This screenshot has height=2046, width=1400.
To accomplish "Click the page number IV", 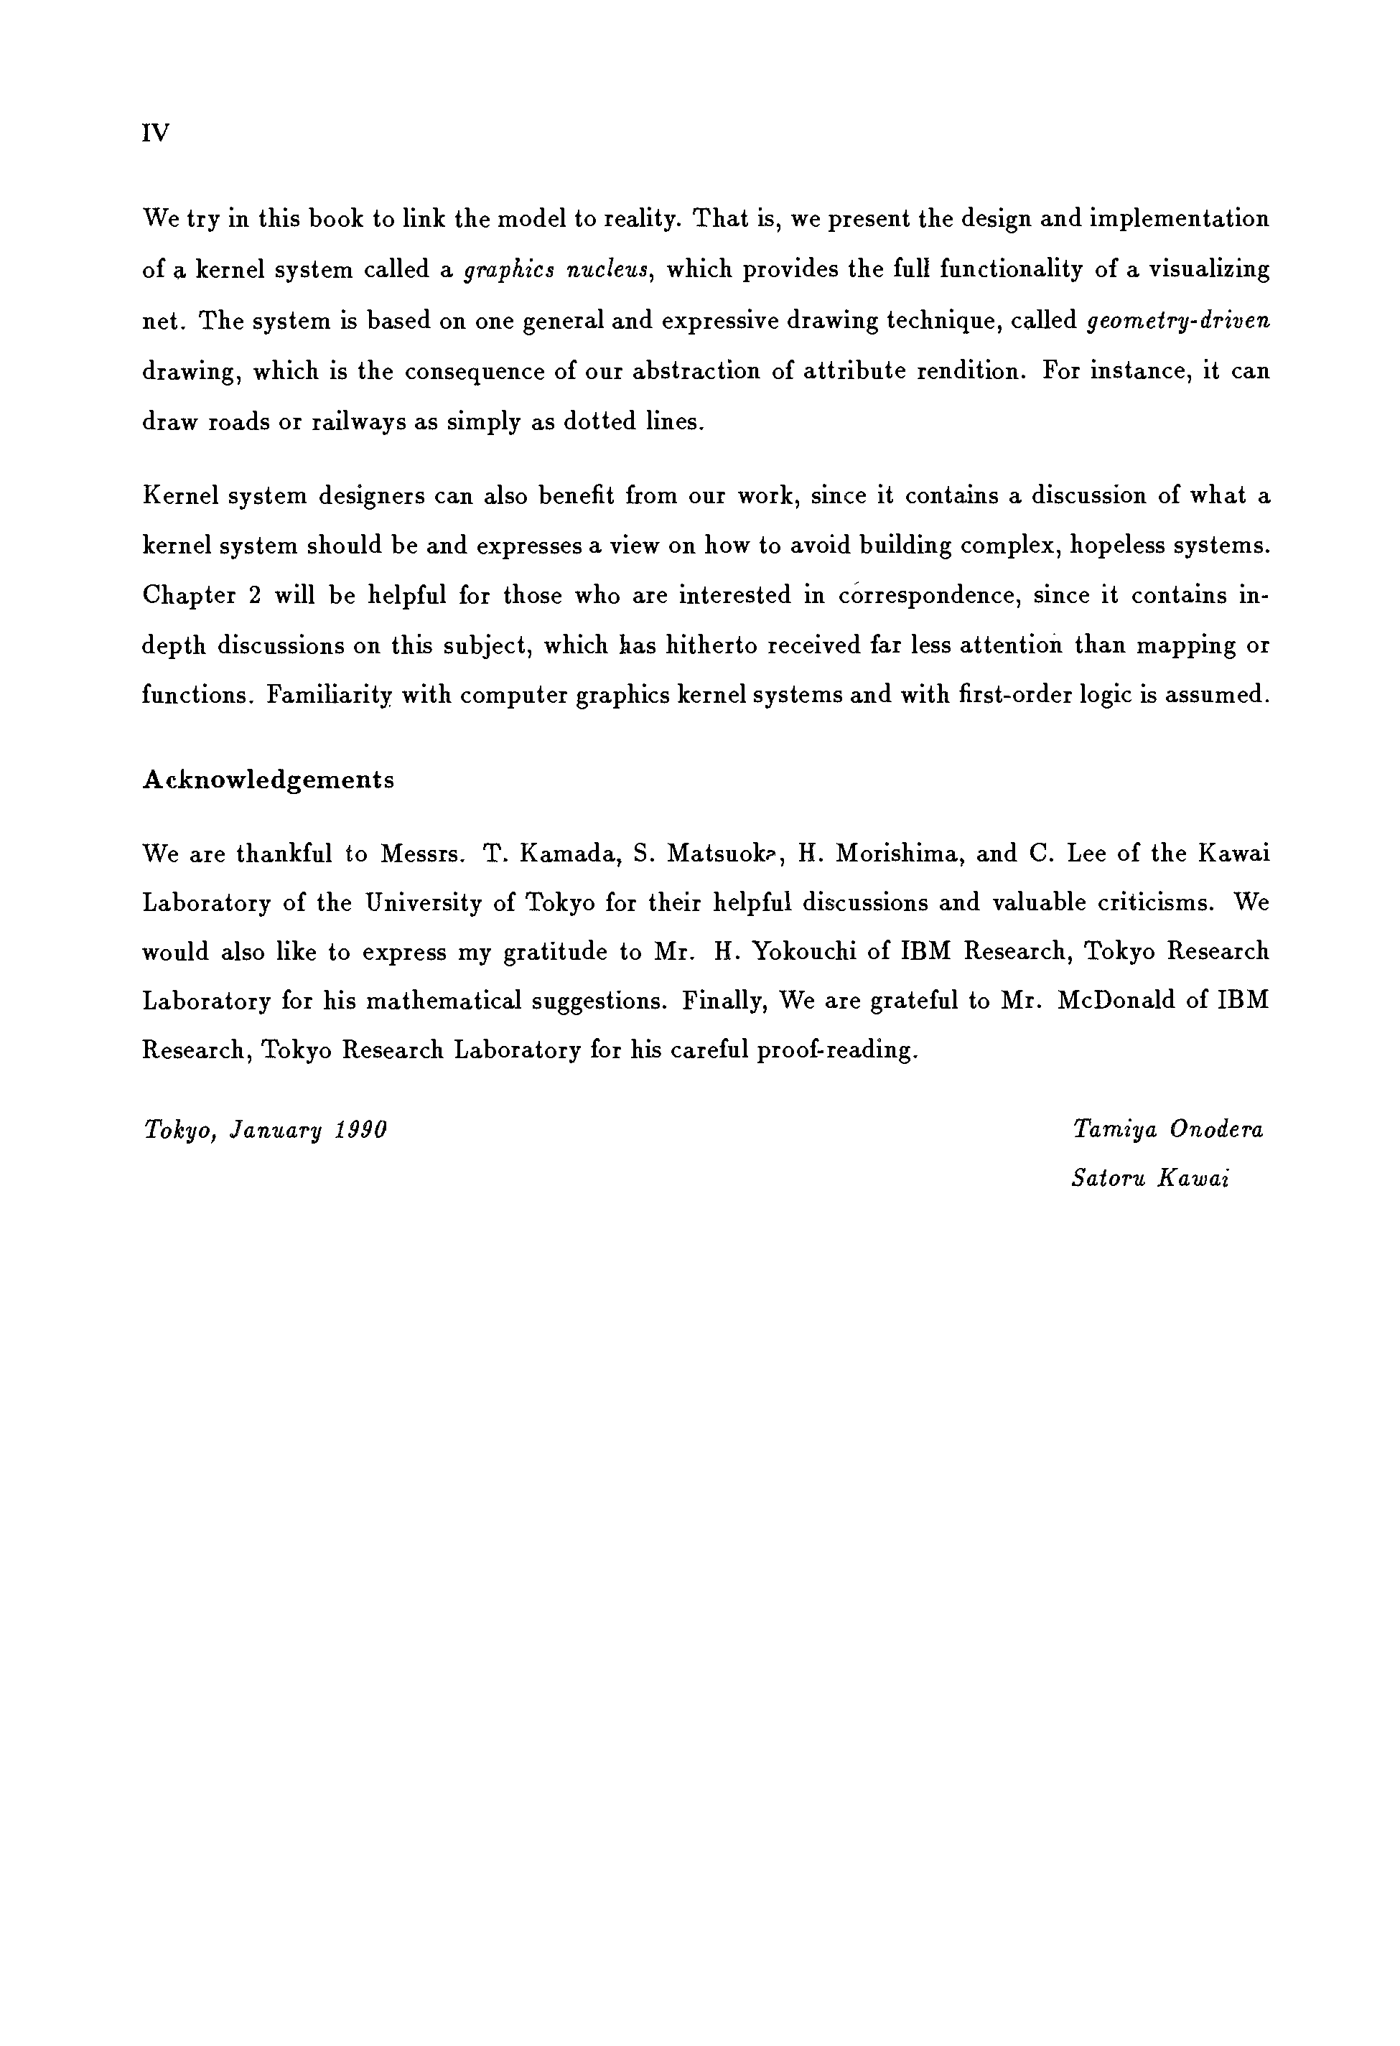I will click(155, 133).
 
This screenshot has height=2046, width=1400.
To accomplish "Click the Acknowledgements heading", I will click(268, 780).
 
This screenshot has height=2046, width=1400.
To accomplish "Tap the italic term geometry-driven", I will click(1179, 320).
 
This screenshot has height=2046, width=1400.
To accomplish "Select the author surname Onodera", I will click(1216, 1129).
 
